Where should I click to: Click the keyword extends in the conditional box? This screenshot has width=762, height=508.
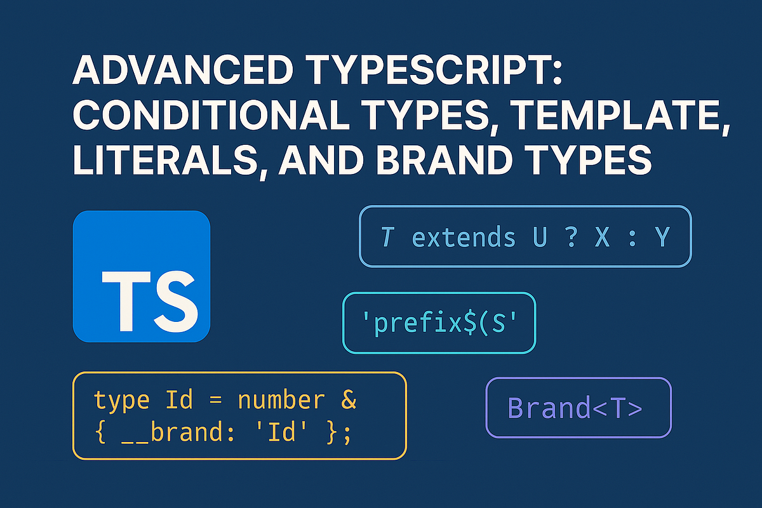(464, 237)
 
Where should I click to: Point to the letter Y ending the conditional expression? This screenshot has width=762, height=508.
(662, 237)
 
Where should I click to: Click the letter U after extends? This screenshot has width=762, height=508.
(540, 237)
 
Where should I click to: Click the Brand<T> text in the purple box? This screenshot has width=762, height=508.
(575, 408)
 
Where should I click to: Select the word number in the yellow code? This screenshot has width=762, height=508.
(280, 401)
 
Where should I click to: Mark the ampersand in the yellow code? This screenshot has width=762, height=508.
(349, 401)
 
